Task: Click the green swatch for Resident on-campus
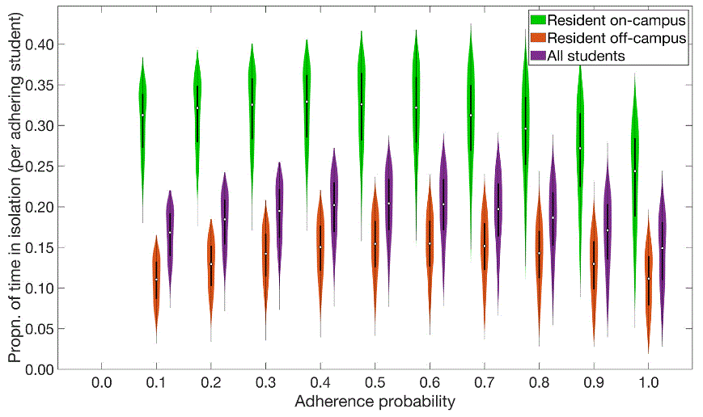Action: click(536, 19)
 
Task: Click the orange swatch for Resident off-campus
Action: click(536, 37)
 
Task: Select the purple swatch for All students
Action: click(536, 56)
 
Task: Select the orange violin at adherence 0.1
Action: click(156, 279)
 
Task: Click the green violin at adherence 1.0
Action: click(635, 170)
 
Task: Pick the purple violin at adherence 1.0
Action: click(663, 247)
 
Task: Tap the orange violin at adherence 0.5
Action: click(375, 242)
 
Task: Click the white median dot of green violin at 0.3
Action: click(252, 104)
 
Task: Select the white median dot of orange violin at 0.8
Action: click(539, 253)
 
